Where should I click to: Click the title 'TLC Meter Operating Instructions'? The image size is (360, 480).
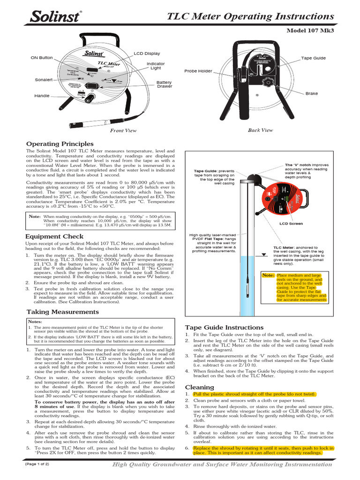point(251,16)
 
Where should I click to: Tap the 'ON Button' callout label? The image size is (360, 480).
point(42,58)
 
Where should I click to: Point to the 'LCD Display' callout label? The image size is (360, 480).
point(147,54)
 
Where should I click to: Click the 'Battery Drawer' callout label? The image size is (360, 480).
point(164,84)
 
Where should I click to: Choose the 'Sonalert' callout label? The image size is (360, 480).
point(44,80)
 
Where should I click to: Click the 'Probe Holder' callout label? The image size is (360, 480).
point(198,71)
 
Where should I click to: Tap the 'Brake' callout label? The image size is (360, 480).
point(311,94)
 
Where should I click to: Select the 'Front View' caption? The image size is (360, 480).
point(123,131)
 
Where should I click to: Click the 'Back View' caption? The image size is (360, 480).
point(260,130)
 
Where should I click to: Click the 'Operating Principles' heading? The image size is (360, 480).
point(60,144)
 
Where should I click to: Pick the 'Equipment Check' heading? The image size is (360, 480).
point(55,237)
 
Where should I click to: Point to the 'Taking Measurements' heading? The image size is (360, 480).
point(62,312)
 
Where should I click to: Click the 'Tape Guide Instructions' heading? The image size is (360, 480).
point(224,327)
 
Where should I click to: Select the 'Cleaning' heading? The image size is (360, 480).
point(199,387)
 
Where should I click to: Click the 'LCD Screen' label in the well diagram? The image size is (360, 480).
point(291,224)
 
